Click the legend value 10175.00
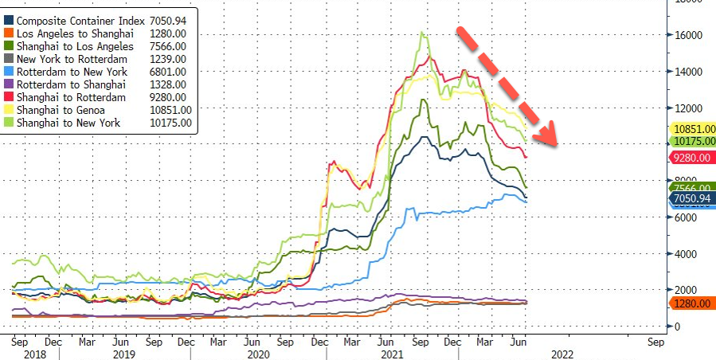tap(166, 123)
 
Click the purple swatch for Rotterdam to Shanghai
tap(9, 84)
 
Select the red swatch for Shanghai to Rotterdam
tap(9, 97)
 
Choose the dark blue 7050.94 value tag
tap(691, 198)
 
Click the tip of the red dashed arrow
tap(555, 145)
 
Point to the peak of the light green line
tap(421, 33)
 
